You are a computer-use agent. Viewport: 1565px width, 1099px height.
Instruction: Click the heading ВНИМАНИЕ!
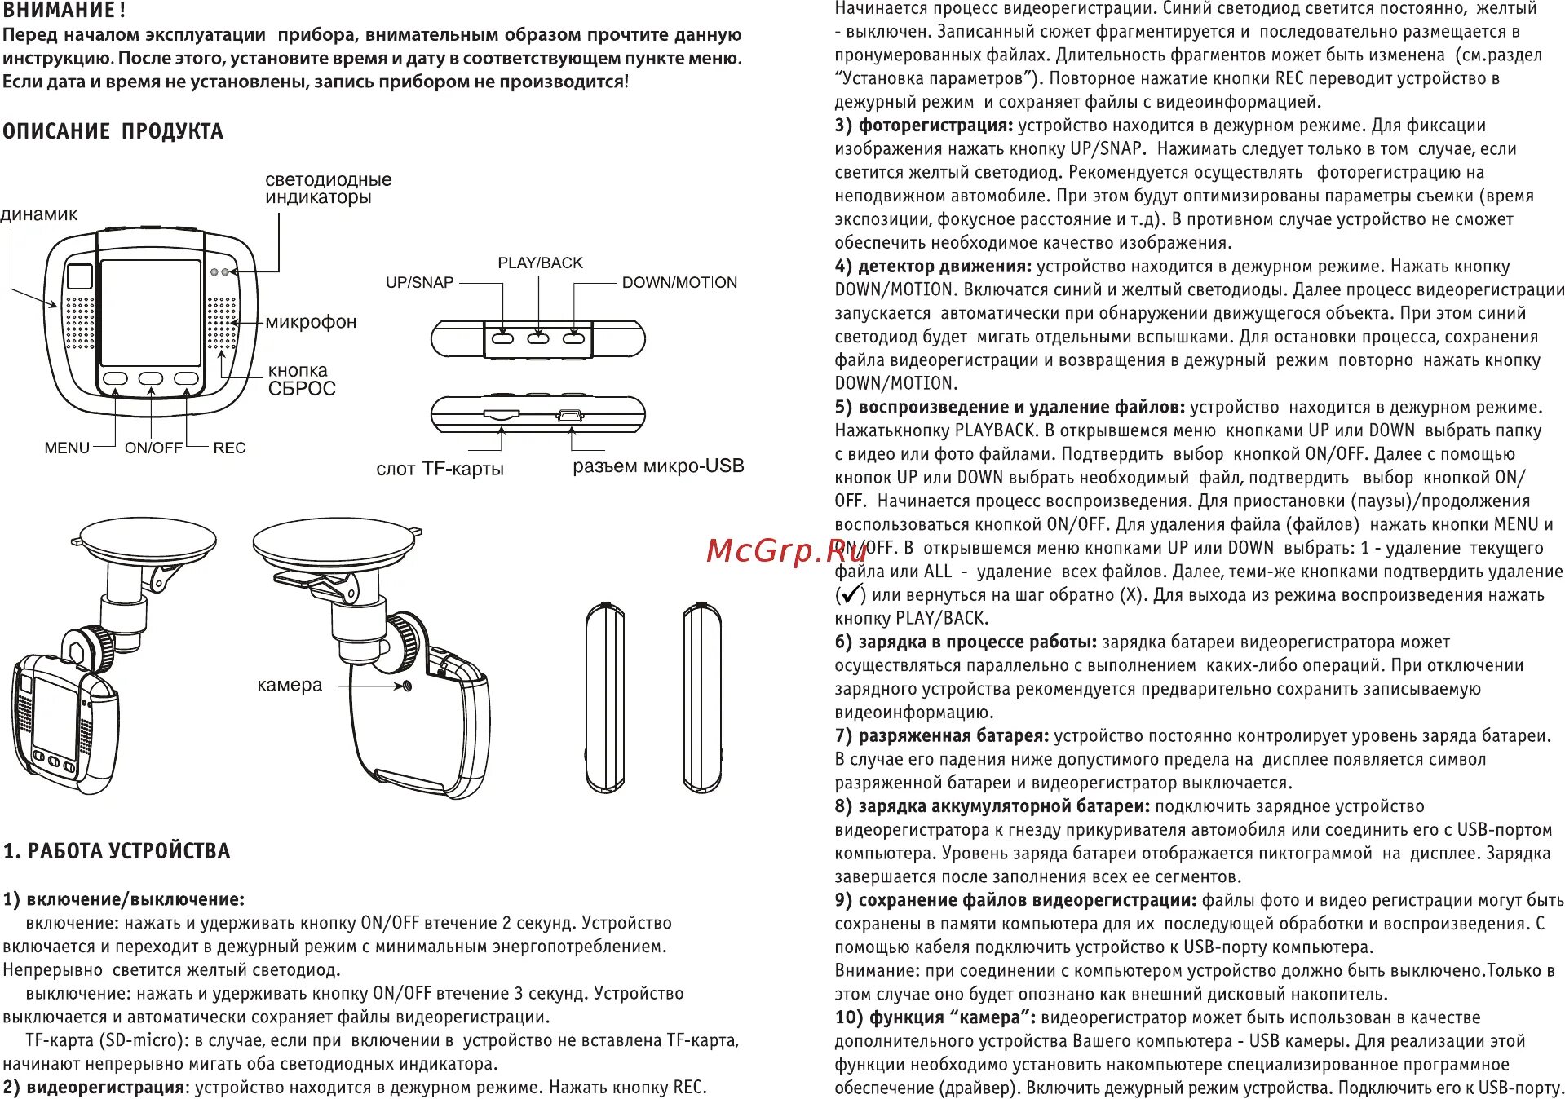(x=64, y=11)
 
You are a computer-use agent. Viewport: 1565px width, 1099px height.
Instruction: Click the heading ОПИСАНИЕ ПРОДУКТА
(x=113, y=131)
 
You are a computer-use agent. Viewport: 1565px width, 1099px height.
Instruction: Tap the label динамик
(x=38, y=214)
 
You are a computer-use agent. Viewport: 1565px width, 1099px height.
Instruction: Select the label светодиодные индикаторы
(x=328, y=188)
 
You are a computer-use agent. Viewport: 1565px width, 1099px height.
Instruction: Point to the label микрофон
(x=311, y=322)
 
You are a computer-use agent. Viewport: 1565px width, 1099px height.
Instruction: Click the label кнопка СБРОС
(x=301, y=380)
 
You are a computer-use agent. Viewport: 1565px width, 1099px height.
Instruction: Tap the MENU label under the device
(x=67, y=448)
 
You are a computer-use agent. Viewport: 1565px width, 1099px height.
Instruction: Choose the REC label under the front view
(x=229, y=448)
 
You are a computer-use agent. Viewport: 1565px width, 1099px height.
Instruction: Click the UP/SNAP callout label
(x=419, y=283)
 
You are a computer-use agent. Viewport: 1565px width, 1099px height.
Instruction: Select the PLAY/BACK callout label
(x=540, y=263)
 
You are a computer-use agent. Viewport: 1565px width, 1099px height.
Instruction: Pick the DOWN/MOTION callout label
(x=679, y=283)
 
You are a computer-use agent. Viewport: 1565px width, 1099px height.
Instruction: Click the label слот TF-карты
(x=440, y=470)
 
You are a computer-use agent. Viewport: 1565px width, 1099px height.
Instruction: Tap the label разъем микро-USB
(x=658, y=466)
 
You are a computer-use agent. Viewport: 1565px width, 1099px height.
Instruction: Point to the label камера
(x=290, y=686)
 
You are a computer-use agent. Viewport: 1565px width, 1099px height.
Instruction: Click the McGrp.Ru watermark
(x=786, y=551)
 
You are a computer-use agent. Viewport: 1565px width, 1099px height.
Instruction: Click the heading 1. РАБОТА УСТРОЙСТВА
(x=117, y=852)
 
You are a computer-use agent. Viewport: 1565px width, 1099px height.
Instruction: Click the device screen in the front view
(x=150, y=313)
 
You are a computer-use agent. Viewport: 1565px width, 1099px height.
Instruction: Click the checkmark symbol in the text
(x=851, y=594)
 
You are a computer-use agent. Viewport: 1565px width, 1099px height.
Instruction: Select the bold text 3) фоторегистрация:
(x=923, y=126)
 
